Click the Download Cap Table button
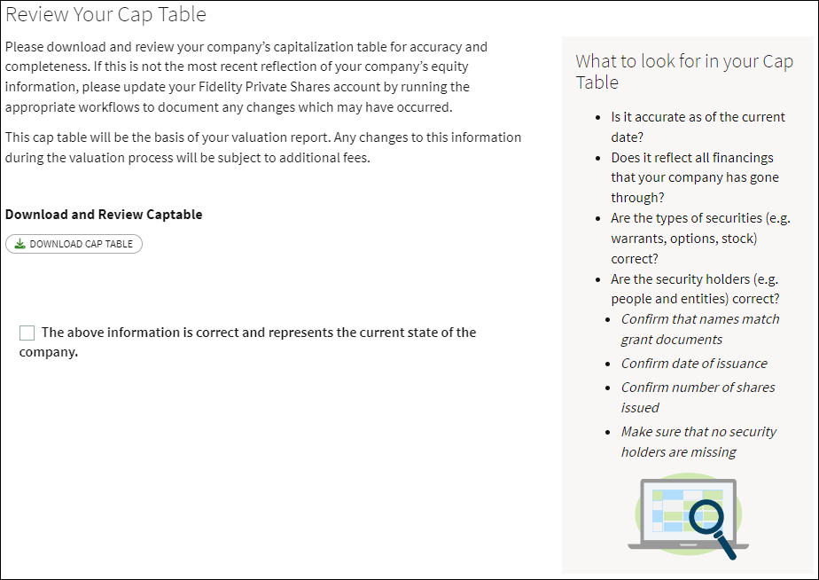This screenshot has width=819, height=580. pos(74,244)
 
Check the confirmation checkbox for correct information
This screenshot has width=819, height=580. pos(27,333)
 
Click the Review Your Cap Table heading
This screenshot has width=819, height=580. pos(106,15)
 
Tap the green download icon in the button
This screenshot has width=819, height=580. pos(20,244)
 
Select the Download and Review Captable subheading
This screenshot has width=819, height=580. pos(104,215)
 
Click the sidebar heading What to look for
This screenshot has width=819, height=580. pos(683,72)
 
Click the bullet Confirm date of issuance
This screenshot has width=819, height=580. pos(694,364)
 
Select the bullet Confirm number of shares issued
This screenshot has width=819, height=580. pos(698,397)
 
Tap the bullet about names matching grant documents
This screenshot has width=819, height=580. pos(699,329)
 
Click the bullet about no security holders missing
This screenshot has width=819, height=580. pos(698,442)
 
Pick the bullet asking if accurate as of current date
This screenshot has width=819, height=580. pos(698,127)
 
